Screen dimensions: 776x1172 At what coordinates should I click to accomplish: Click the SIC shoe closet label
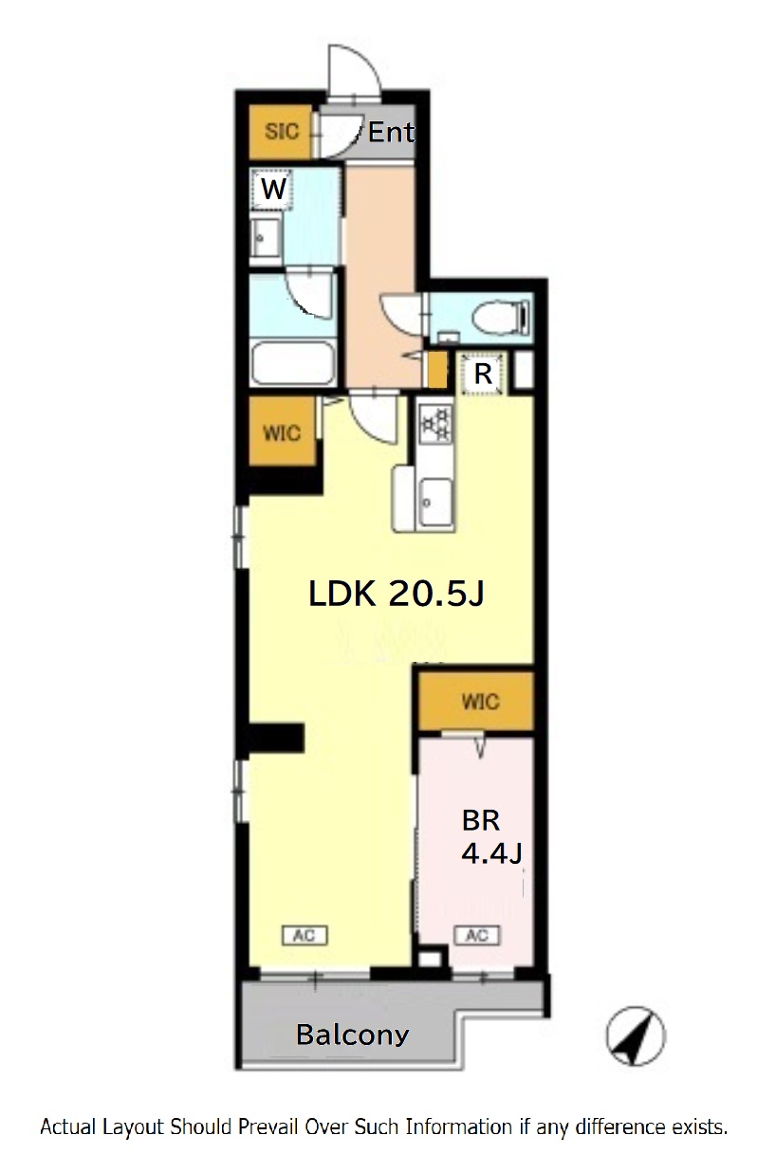click(282, 131)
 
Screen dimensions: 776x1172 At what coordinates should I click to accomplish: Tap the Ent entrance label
click(391, 133)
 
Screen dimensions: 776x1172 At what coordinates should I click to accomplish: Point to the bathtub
click(293, 362)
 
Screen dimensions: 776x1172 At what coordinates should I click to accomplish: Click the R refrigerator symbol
click(482, 375)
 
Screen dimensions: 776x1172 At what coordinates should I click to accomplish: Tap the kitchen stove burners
click(435, 424)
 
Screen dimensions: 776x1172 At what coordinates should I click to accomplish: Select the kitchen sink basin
click(435, 502)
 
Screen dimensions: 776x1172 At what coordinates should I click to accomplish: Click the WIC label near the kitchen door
click(282, 432)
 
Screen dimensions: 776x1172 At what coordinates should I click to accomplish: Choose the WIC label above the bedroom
click(480, 702)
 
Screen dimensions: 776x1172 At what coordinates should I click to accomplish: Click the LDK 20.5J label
click(397, 594)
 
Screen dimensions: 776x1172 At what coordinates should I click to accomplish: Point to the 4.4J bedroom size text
click(491, 853)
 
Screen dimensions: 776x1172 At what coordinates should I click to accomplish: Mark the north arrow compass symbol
click(636, 1036)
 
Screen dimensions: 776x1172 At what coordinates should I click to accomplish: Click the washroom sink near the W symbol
click(266, 238)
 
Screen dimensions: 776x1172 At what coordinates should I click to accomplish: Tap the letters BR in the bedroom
click(480, 820)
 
